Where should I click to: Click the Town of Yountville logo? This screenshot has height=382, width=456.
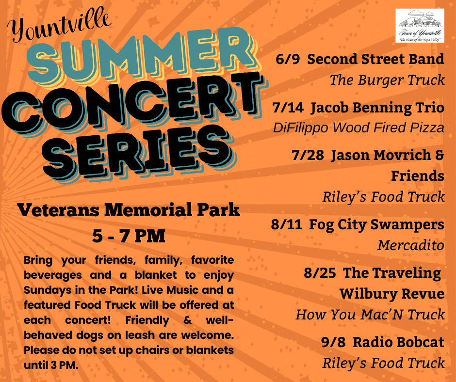click(420, 26)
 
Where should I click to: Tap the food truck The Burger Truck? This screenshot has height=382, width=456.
click(387, 80)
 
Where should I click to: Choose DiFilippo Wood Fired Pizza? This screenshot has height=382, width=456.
click(358, 127)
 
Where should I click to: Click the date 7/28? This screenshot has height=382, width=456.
click(308, 155)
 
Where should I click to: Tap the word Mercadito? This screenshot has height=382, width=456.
click(410, 245)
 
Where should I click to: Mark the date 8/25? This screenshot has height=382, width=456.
click(320, 272)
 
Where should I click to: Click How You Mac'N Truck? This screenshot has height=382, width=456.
click(370, 314)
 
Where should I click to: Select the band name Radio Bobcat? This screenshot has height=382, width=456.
click(398, 342)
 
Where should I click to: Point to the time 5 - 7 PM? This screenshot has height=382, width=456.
click(129, 236)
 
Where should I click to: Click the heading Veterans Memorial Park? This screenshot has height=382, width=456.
click(129, 211)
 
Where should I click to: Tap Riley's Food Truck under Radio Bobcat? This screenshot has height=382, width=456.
click(383, 363)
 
